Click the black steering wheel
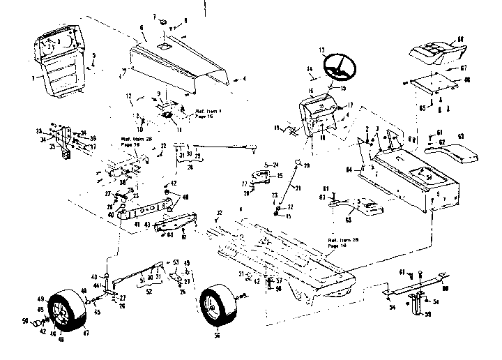[340, 68]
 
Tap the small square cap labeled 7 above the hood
[160, 22]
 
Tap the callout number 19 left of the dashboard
[277, 127]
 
